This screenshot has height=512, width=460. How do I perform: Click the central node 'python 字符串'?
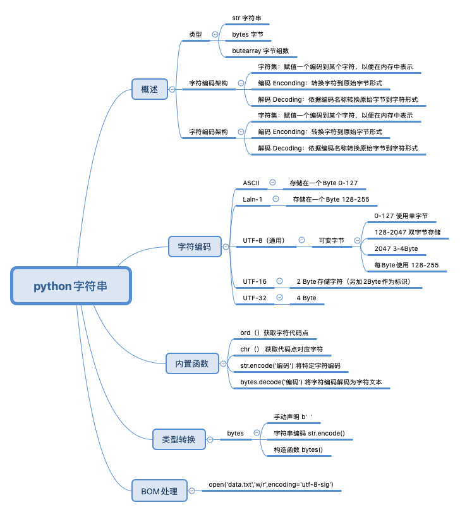(x=71, y=286)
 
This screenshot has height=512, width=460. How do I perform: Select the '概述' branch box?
(x=149, y=89)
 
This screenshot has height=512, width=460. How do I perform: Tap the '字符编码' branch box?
(x=194, y=247)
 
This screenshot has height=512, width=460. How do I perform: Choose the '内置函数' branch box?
(x=191, y=363)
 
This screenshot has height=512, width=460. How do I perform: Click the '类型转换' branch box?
(x=179, y=439)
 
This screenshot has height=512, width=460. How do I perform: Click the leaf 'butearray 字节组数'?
(x=260, y=51)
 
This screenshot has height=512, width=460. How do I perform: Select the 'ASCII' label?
(x=251, y=183)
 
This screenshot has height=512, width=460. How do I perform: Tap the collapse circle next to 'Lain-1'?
(x=275, y=199)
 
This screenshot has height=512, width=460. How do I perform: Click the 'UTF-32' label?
(x=255, y=298)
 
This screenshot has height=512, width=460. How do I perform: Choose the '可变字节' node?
(x=331, y=240)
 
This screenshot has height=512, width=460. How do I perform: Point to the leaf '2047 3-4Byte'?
(x=396, y=248)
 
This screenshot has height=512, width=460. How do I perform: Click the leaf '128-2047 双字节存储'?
(x=408, y=232)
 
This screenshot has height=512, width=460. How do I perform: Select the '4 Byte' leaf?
(x=306, y=298)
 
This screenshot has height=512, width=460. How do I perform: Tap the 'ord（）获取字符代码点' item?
(x=274, y=332)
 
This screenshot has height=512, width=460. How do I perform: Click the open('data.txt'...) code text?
(x=271, y=485)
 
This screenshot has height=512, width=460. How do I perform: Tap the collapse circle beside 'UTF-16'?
(x=279, y=281)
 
